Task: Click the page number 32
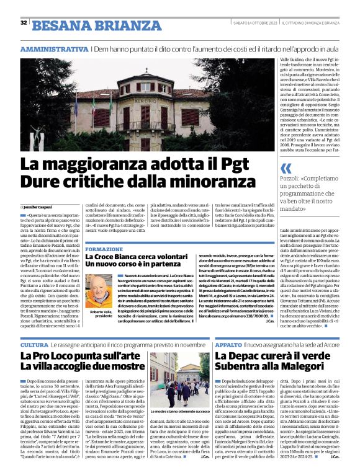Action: [24, 23]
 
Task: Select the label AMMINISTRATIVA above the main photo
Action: [54, 48]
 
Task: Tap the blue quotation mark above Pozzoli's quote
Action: [286, 169]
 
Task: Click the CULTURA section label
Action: [34, 344]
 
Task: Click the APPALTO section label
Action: [228, 344]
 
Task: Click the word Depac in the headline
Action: [256, 357]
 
